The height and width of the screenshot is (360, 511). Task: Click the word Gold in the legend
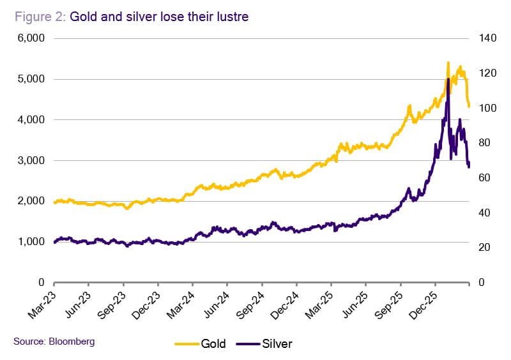pyautogui.click(x=213, y=344)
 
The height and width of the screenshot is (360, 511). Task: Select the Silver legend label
pyautogui.click(x=277, y=344)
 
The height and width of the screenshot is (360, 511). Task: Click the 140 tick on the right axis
pyautogui.click(x=487, y=38)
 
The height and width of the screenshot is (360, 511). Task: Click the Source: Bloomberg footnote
pyautogui.click(x=54, y=341)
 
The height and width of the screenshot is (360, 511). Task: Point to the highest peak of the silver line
pyautogui.click(x=448, y=79)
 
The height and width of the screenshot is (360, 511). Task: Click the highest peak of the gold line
pyautogui.click(x=448, y=62)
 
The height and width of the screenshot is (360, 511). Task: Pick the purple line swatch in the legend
pyautogui.click(x=248, y=344)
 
